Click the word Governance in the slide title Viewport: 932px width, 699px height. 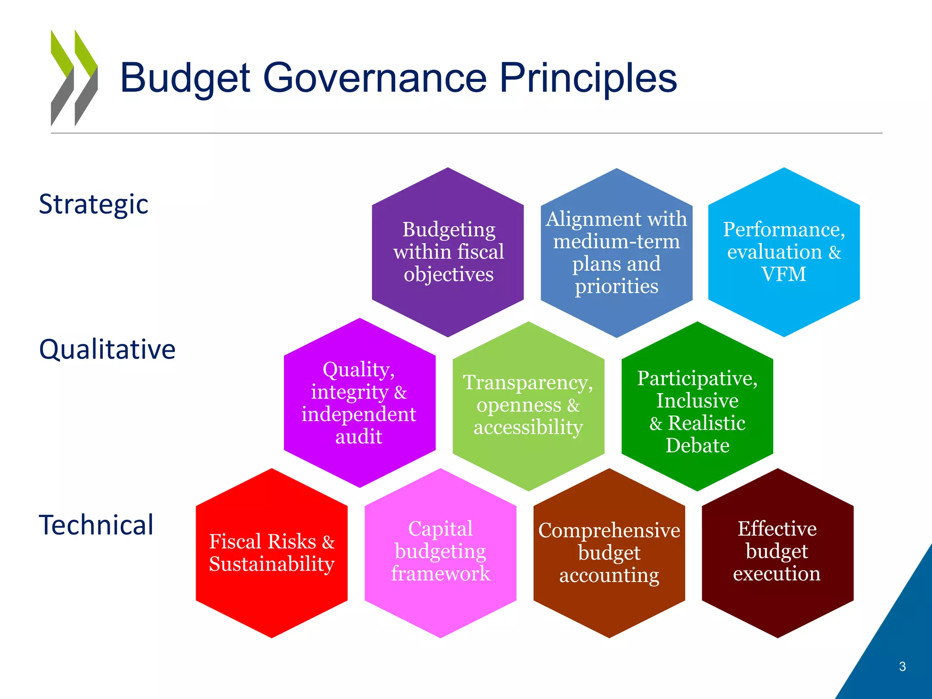(x=375, y=78)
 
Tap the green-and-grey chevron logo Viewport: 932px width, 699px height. (x=74, y=78)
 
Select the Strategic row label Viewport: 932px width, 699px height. (x=93, y=204)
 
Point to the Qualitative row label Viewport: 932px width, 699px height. (x=107, y=349)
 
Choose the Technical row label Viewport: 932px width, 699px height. (x=96, y=525)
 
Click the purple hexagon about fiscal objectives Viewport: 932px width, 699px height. (x=448, y=252)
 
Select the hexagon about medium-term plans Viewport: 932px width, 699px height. (x=616, y=253)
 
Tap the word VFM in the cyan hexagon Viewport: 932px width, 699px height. (x=784, y=274)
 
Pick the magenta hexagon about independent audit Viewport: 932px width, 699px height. (x=360, y=403)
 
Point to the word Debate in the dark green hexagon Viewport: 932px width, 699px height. (x=697, y=446)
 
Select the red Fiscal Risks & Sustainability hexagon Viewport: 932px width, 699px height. (x=272, y=553)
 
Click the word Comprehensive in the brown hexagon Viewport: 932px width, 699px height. (x=609, y=531)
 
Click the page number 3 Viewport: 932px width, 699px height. (x=902, y=667)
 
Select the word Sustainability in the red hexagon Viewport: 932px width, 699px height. (x=272, y=564)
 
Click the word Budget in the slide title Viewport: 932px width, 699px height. (x=185, y=78)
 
